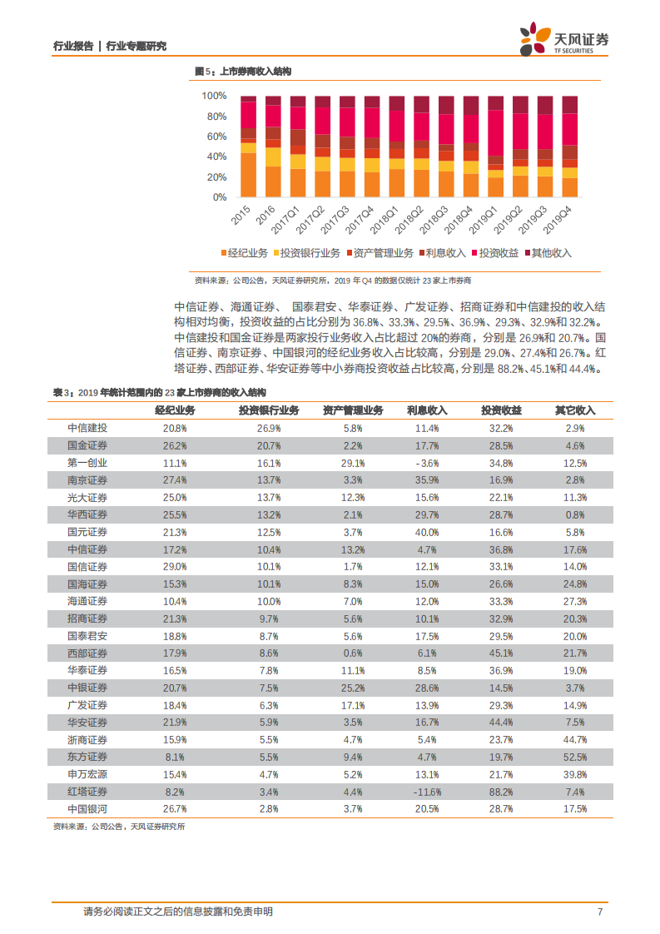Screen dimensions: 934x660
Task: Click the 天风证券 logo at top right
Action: (564, 38)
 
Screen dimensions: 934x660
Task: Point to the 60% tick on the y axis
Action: (216, 137)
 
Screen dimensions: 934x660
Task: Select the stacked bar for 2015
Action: (248, 147)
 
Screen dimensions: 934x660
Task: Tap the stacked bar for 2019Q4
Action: (570, 147)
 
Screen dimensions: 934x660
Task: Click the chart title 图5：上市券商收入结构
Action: (243, 73)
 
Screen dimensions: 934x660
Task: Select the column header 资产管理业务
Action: (353, 410)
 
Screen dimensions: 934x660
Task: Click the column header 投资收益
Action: (501, 410)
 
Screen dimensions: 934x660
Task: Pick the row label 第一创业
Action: (87, 462)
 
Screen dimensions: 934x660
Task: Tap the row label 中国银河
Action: (87, 808)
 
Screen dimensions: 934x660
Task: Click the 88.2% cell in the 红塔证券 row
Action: (501, 792)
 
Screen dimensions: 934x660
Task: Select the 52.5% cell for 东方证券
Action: (575, 757)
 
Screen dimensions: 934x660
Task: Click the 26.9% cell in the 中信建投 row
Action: (269, 428)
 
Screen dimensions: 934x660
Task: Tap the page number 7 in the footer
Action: (599, 912)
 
